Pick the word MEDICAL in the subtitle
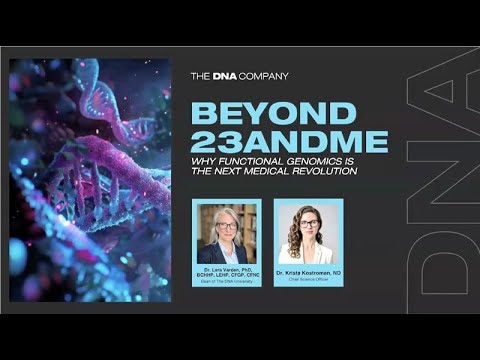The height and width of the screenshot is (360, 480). [274, 170]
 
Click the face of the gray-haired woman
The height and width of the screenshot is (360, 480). [226, 226]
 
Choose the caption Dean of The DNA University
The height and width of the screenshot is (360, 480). [226, 280]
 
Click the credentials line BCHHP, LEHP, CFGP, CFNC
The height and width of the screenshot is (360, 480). [226, 274]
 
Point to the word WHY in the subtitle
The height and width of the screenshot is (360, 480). [204, 161]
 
